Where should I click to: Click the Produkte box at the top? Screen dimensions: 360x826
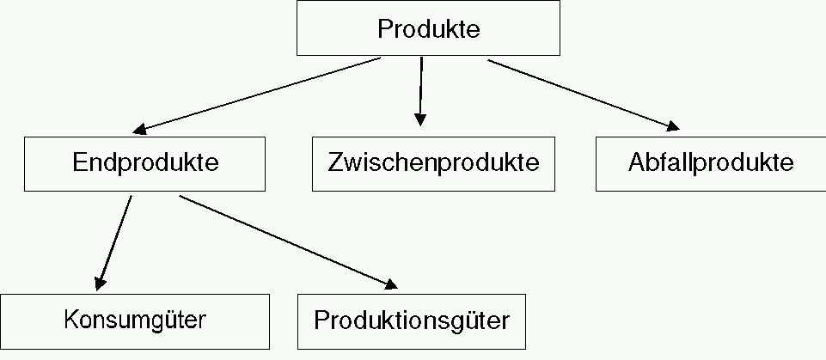428,29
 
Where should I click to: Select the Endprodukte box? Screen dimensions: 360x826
144,162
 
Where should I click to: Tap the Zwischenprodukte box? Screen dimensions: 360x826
433,162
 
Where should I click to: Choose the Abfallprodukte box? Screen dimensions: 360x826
710,162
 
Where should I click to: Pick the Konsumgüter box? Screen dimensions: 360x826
135,320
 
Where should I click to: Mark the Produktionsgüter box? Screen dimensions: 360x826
412,320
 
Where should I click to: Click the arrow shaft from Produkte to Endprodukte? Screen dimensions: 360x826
258,95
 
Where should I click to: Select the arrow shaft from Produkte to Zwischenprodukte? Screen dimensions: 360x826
421,86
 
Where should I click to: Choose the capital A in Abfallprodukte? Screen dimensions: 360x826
637,162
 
